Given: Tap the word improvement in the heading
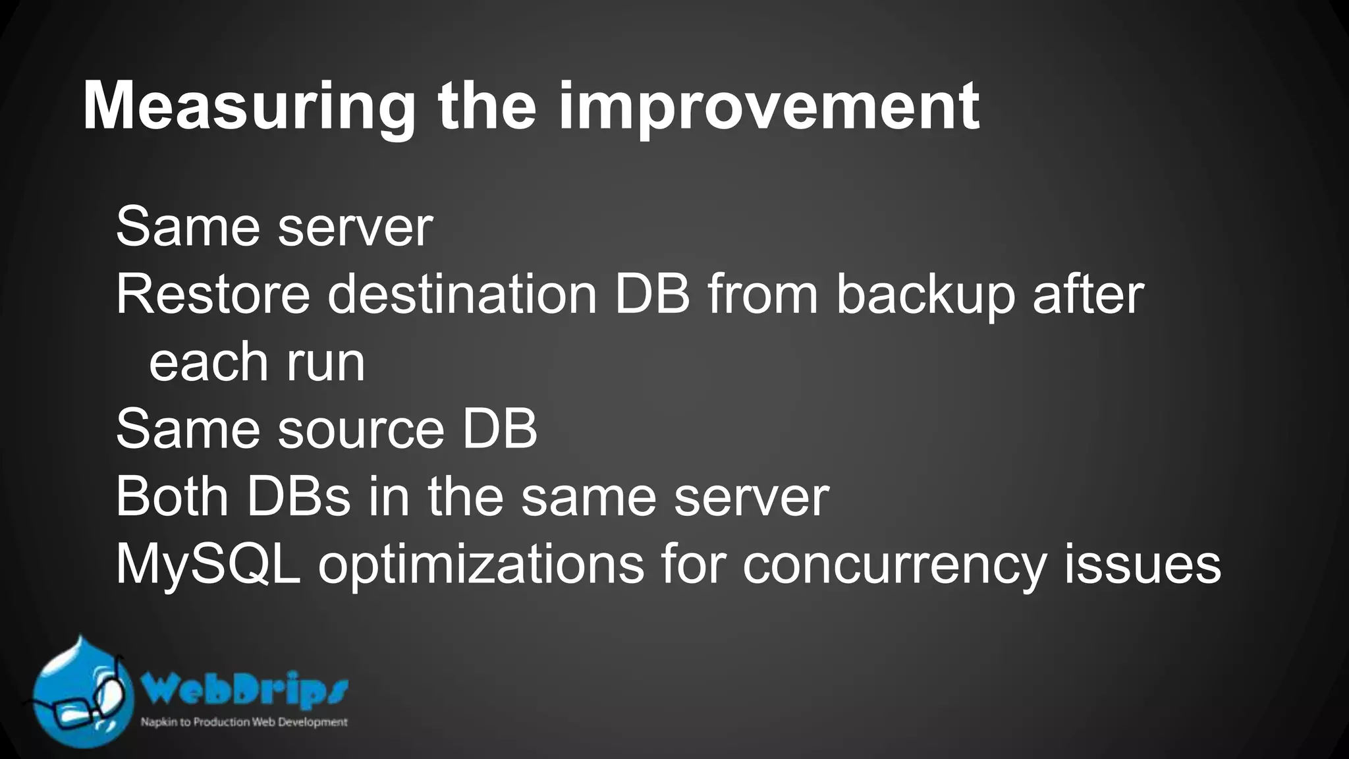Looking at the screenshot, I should (769, 107).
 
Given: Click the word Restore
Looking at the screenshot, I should (213, 295).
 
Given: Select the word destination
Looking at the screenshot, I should (462, 295).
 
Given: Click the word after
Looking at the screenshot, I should (1088, 295).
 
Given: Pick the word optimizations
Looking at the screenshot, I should (482, 565).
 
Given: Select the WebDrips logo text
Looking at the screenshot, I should (244, 690).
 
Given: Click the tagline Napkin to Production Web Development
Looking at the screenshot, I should (244, 722).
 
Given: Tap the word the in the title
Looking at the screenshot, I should (487, 107).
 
